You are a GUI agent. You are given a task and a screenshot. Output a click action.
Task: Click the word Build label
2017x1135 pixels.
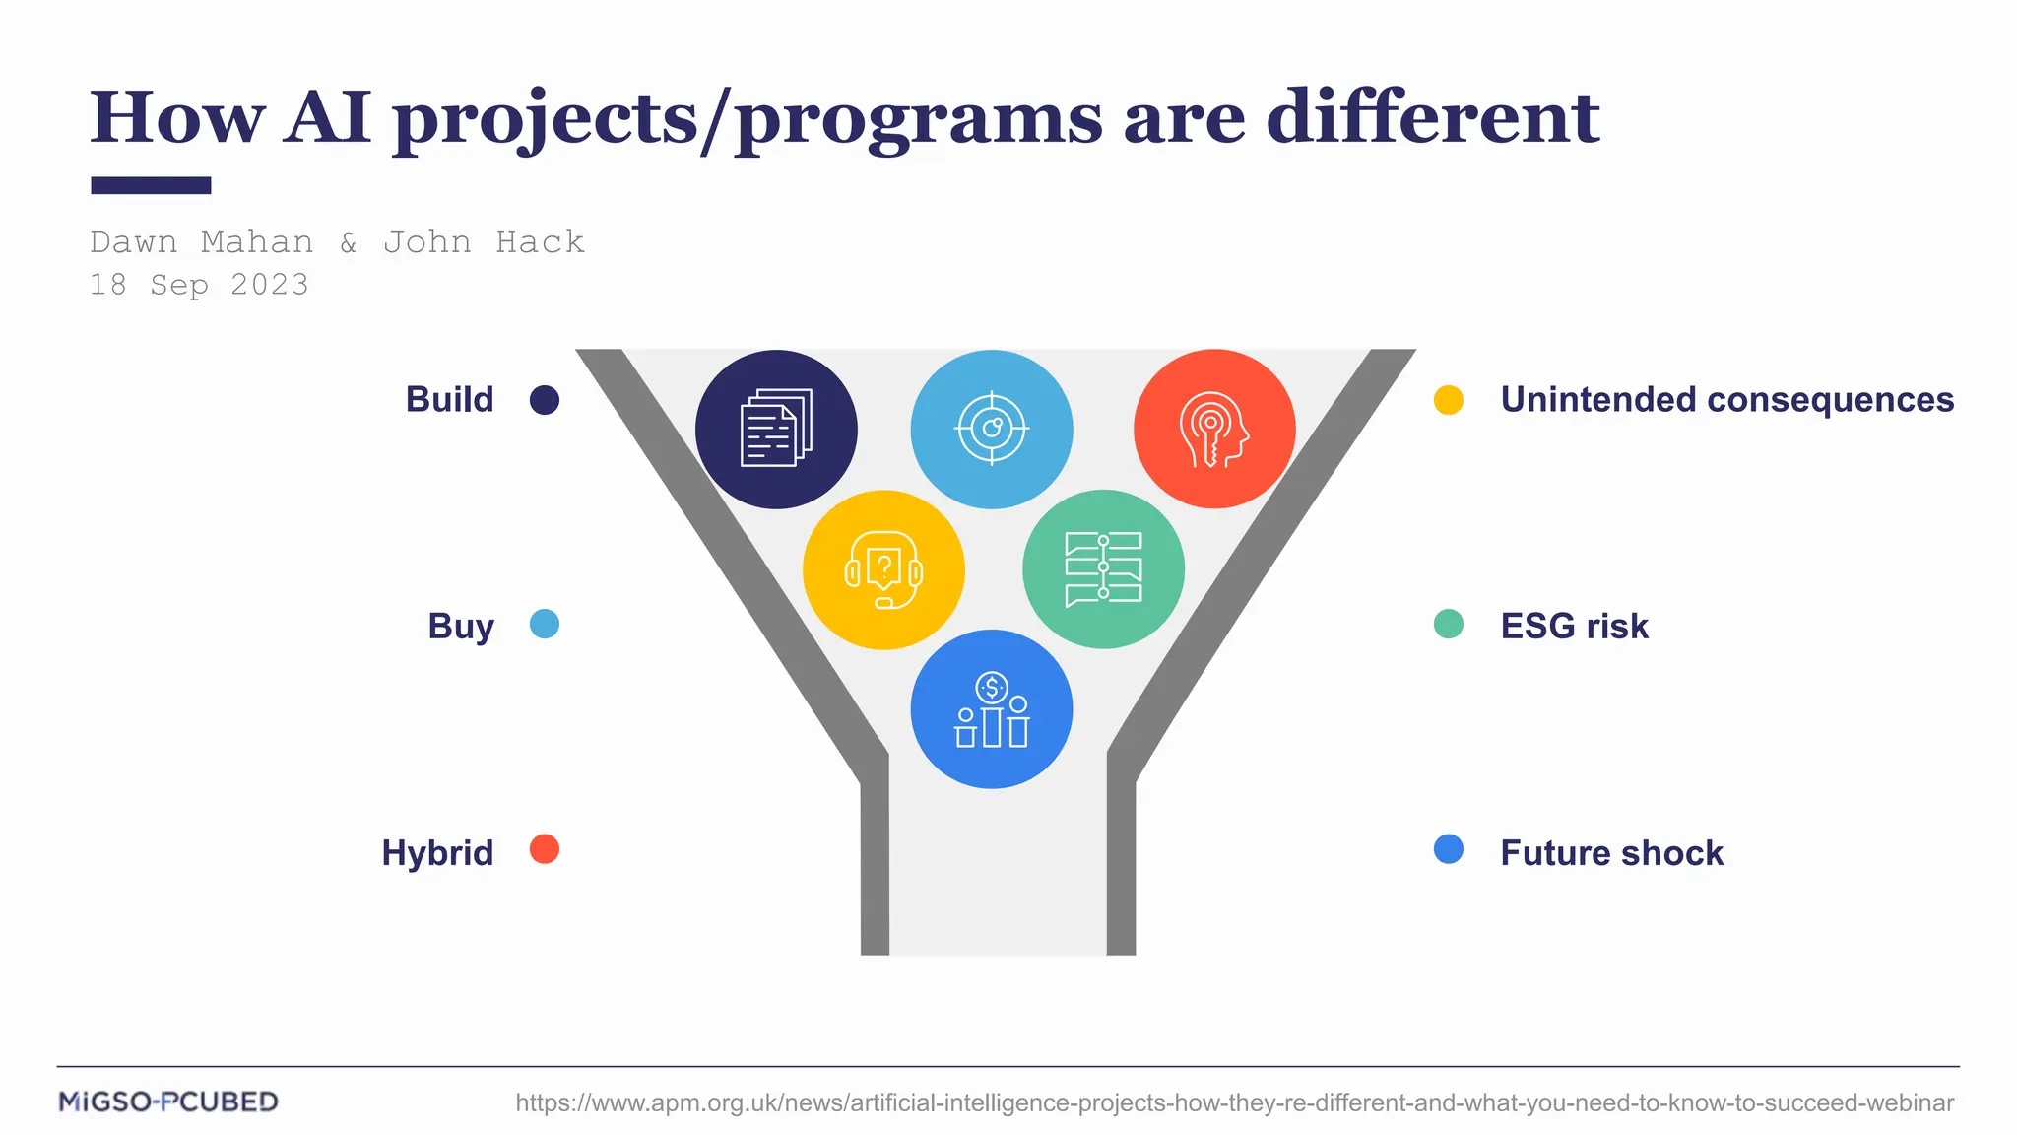click(x=449, y=400)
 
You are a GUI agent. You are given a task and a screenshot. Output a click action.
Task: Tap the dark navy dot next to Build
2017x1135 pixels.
click(x=545, y=400)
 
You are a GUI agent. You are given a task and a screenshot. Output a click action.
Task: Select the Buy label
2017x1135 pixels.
click(x=460, y=627)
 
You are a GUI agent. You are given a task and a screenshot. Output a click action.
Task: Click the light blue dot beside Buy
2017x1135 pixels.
click(x=545, y=624)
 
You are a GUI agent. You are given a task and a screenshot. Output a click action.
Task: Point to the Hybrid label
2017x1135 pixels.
click(x=437, y=852)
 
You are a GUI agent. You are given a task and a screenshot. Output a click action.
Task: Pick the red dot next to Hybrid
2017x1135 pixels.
click(x=545, y=849)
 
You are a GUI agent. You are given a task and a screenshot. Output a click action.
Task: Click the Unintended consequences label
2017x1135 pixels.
click(x=1726, y=400)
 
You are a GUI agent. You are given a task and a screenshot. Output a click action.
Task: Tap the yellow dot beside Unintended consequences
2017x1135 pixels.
click(x=1448, y=400)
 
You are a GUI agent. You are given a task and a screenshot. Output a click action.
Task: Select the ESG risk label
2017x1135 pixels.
click(x=1574, y=627)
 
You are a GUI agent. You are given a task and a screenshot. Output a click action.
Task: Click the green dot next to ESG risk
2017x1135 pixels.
click(x=1448, y=624)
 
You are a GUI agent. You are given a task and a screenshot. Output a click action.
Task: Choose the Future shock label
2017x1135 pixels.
click(x=1611, y=852)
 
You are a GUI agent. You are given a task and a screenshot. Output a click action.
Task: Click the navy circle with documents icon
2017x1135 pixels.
click(x=776, y=430)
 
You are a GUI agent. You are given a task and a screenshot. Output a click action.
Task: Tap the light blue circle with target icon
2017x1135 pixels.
click(x=992, y=430)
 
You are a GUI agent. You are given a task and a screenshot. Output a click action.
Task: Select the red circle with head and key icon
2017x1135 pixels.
click(x=1214, y=430)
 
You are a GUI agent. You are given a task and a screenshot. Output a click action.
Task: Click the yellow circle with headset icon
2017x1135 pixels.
click(x=883, y=569)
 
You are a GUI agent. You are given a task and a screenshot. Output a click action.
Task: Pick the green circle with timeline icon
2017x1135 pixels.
click(x=1103, y=569)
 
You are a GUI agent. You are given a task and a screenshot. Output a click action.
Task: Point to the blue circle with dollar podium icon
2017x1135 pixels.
click(x=992, y=709)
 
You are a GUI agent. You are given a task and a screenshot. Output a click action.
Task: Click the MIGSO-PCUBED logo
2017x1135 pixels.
click(x=168, y=1102)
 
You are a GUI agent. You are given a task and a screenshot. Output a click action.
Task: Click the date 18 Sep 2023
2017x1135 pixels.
click(x=199, y=285)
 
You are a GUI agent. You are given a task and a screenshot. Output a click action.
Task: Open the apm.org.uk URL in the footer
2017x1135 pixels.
click(x=1234, y=1102)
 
